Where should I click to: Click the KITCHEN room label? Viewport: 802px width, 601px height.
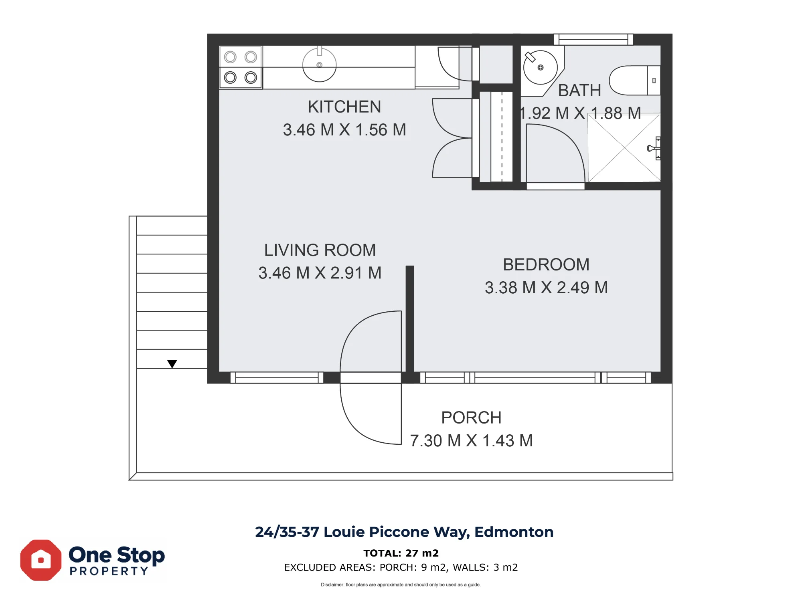click(344, 107)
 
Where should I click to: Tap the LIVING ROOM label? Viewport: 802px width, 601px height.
click(320, 250)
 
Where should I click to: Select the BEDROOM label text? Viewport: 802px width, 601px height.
click(546, 265)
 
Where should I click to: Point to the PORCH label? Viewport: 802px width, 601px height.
click(471, 418)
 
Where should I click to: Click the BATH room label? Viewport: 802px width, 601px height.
click(579, 91)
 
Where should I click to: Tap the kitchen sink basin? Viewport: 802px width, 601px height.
click(319, 65)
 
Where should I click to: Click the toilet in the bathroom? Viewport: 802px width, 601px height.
click(634, 80)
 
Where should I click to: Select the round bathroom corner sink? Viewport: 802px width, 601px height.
click(540, 67)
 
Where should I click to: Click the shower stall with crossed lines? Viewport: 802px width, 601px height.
click(624, 148)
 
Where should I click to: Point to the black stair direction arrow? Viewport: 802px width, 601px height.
click(172, 364)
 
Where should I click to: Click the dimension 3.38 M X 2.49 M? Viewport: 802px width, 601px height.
click(546, 288)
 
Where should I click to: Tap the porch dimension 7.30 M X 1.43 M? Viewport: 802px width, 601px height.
click(471, 441)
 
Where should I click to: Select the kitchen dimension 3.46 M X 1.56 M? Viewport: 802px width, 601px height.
click(344, 130)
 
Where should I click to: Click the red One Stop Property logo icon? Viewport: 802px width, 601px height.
click(41, 560)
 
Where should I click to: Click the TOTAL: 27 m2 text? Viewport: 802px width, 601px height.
click(401, 553)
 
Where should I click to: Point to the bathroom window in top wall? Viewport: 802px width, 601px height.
click(593, 39)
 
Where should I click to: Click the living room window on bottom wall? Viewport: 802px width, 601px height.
click(277, 377)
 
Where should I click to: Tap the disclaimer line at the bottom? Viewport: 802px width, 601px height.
click(401, 585)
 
